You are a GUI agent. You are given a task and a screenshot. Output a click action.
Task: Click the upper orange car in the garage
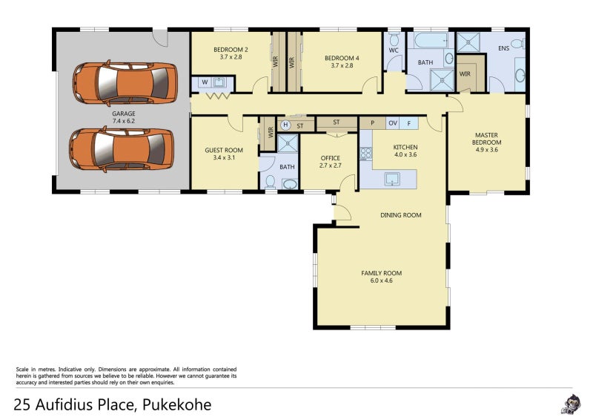125,83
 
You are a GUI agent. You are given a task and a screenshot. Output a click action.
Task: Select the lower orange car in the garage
122,149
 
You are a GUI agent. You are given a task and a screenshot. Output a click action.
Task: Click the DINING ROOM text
401,215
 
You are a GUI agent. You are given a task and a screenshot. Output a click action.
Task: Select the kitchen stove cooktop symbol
365,154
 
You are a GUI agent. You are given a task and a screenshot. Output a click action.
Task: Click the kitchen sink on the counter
392,179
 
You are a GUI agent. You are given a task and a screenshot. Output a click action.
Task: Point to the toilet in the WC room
394,39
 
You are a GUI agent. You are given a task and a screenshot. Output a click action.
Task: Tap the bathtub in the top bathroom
431,40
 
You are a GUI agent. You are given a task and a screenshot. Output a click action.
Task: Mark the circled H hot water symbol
285,125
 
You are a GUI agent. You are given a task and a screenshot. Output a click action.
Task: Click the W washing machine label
205,82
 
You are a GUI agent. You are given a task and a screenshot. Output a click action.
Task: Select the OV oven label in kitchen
393,123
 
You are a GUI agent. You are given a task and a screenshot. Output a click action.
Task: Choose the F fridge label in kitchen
409,123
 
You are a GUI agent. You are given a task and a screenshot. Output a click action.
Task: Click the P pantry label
373,123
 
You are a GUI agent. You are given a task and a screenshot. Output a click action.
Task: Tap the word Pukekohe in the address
176,405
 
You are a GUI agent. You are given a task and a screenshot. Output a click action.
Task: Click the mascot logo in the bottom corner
570,404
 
